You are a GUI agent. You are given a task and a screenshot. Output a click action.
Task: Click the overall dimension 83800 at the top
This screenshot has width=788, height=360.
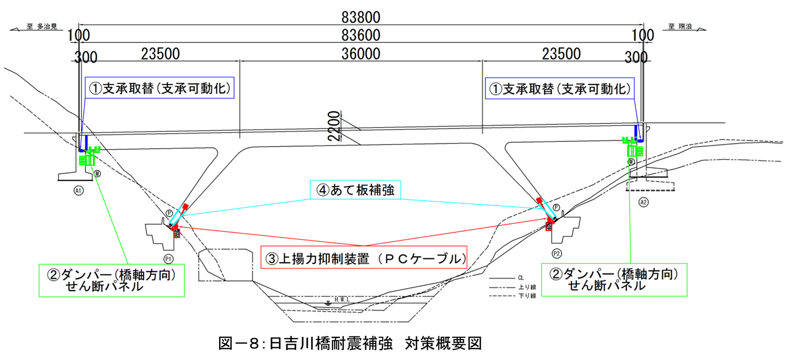tap(360, 17)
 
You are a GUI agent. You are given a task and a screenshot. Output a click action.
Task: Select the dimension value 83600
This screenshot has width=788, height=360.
tap(360, 35)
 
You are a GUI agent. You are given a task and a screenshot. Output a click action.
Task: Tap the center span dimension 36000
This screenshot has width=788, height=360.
tap(360, 54)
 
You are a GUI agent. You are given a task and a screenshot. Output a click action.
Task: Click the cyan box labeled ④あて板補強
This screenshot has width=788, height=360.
tap(356, 190)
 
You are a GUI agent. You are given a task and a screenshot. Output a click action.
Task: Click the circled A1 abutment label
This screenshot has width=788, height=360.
tap(78, 191)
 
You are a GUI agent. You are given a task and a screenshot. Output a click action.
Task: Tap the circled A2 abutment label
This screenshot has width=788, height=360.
tap(642, 201)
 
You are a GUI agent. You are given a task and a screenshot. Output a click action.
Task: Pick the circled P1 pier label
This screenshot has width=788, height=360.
tap(169, 259)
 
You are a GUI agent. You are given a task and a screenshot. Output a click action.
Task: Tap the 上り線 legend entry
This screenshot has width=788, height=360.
tap(526, 287)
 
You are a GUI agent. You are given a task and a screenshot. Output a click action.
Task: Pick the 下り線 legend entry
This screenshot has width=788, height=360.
tap(526, 296)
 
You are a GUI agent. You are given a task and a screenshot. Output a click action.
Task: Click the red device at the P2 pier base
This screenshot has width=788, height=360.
tap(549, 225)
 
